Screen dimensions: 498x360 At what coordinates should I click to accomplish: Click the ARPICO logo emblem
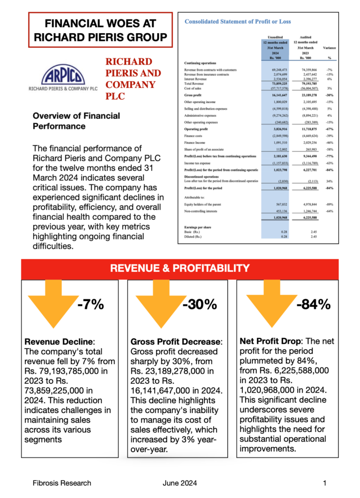tap(64, 76)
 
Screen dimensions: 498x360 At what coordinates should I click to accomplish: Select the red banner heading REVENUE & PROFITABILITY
tap(180, 268)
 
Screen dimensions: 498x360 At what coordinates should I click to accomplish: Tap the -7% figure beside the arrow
tap(90, 305)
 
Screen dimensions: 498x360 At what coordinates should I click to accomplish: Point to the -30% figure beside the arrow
tap(199, 305)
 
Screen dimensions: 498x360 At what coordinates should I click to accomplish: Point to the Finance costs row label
tap(195, 139)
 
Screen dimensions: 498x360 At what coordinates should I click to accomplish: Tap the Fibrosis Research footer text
tap(61, 483)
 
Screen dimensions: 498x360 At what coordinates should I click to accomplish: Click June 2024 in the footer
tap(179, 483)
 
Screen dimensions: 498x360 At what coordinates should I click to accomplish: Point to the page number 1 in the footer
tap(324, 483)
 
